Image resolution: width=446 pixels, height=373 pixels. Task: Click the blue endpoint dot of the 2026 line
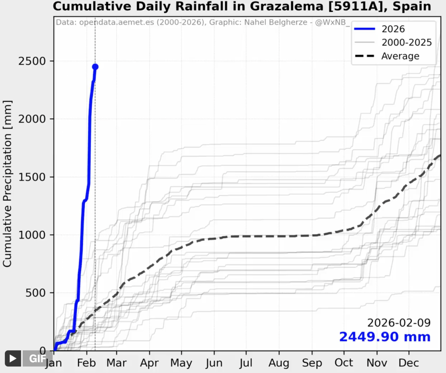[x=95, y=67]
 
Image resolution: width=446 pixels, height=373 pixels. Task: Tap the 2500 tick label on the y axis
[x=32, y=61]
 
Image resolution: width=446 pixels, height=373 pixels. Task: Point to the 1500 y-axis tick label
[x=32, y=177]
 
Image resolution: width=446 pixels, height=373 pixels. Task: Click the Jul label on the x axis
[x=246, y=363]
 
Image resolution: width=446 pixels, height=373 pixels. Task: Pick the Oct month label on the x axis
[x=344, y=363]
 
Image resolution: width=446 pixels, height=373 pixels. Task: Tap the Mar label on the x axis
[x=117, y=363]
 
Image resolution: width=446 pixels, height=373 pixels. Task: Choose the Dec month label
[x=409, y=363]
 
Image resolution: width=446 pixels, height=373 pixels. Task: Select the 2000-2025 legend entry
[x=406, y=42]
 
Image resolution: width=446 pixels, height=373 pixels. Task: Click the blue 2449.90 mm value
[x=385, y=337]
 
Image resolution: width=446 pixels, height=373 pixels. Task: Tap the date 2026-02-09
[x=399, y=323]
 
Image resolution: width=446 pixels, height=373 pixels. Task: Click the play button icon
[x=13, y=358]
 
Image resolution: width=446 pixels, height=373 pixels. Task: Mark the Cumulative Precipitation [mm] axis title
[x=7, y=183]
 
